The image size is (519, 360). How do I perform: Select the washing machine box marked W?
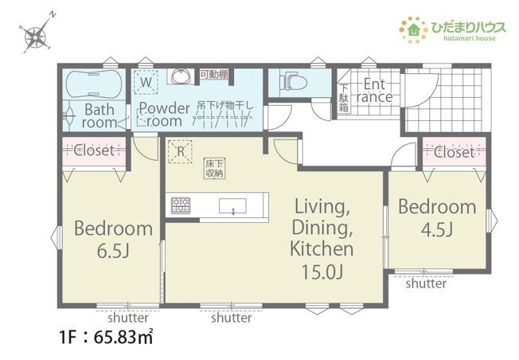point(147,81)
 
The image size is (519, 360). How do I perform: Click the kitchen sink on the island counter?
point(233,209)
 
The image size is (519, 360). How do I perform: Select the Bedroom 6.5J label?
point(112,239)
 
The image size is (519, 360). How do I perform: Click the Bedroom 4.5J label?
point(437,217)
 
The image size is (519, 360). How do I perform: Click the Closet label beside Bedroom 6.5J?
point(95,150)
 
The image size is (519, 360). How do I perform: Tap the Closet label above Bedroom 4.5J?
point(455,151)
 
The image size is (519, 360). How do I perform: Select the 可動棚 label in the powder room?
point(213,74)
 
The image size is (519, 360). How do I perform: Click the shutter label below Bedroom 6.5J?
point(127,318)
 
